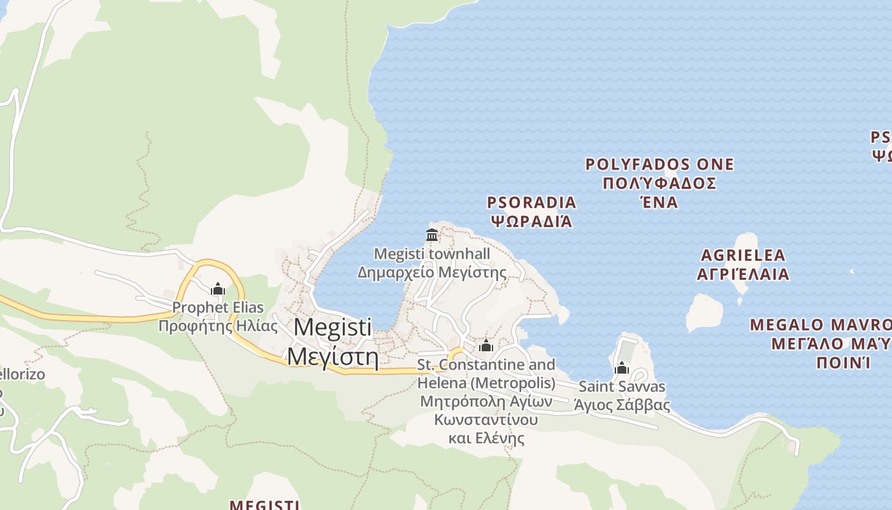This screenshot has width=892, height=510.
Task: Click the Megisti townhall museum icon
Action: coord(432,235)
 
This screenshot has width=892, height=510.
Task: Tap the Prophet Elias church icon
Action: coord(218,289)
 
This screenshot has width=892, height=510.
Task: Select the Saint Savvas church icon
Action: coord(622,368)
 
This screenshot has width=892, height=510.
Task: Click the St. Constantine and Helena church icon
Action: coord(486,346)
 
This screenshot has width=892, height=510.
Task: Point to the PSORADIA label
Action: coord(531,203)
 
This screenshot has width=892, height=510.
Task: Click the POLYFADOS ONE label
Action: coord(659,164)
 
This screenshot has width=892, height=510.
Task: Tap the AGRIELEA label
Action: coord(743,256)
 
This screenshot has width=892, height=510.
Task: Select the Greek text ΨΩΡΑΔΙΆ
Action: coord(531,221)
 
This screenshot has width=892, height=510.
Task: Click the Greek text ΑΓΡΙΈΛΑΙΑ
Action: coord(743,274)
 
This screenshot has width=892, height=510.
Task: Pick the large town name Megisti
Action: coord(333,327)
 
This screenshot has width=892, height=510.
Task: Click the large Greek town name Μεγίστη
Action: coord(333,356)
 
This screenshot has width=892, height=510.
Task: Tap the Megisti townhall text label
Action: coord(432,254)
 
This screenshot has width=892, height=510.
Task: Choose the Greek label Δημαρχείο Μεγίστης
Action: coord(432,273)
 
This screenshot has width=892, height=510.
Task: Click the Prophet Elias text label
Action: coord(218,307)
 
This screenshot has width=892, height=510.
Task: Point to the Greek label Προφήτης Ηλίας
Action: coord(218,326)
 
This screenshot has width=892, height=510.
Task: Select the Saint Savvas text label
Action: coord(622,386)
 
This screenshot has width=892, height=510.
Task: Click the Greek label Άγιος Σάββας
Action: coord(622,405)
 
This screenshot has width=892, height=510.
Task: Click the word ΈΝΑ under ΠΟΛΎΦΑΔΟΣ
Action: coord(659,202)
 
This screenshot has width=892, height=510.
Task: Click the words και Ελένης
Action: coord(486,439)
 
